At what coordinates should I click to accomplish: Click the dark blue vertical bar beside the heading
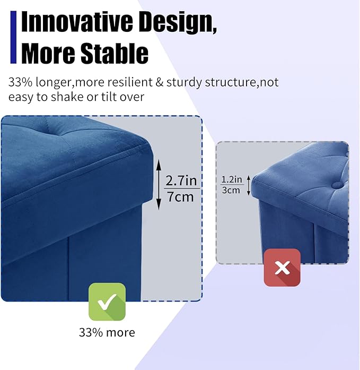click(13, 37)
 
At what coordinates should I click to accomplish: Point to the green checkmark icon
click(107, 302)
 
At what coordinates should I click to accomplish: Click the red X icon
click(282, 268)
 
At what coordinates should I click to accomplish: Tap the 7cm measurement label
click(182, 197)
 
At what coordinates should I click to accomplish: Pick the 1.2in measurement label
click(232, 179)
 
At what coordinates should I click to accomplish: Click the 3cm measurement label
click(232, 190)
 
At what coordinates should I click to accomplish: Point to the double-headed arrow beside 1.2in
click(249, 184)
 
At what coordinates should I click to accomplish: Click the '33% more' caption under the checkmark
click(107, 333)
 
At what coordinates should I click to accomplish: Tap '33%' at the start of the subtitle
click(20, 83)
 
